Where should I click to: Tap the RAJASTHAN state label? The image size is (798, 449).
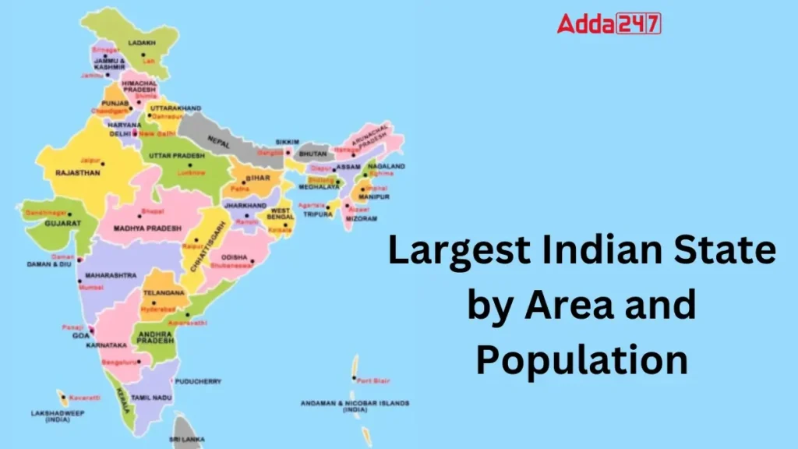pos(77,173)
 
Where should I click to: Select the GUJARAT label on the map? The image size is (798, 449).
pos(62,223)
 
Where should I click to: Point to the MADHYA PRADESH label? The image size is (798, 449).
pos(147,228)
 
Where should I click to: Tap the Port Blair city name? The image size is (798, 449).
pos(369,380)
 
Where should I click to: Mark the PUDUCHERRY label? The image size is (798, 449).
pos(199,381)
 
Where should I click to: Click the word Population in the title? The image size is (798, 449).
pos(582,360)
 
